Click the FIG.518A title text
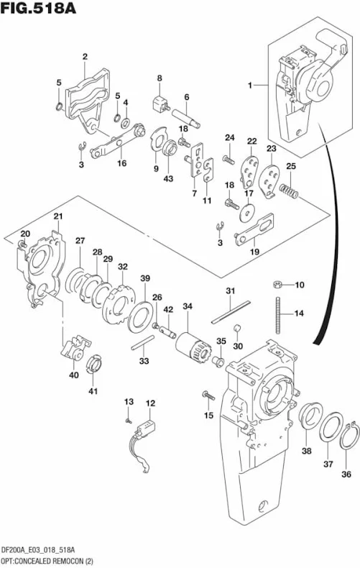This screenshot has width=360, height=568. [x=38, y=8]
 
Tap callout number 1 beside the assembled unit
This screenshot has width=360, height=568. [x=250, y=86]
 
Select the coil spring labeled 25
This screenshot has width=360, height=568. [x=289, y=191]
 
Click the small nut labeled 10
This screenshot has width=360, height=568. [x=277, y=285]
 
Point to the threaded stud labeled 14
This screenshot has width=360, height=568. [x=278, y=315]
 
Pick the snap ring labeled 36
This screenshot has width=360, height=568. [x=350, y=436]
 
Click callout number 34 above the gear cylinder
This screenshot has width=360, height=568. [x=188, y=306]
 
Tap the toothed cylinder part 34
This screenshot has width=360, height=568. [x=190, y=348]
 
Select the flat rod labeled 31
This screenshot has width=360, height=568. [x=231, y=311]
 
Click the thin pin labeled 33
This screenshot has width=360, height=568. [x=143, y=342]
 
